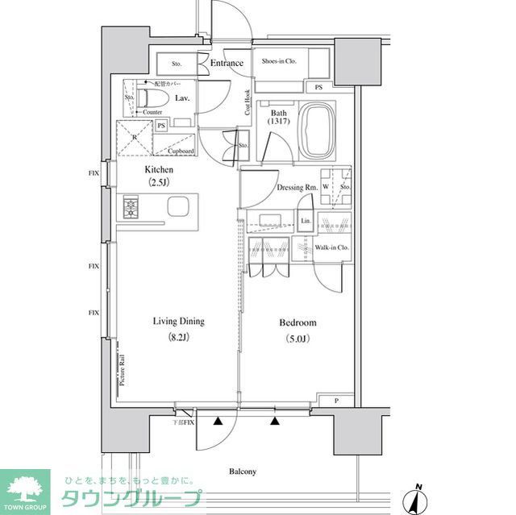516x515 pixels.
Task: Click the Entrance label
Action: (x=227, y=63)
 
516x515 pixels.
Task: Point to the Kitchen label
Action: (x=159, y=170)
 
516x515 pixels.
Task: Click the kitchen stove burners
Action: (x=131, y=208)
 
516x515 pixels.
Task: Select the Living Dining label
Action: (x=179, y=322)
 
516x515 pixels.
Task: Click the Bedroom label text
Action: (x=298, y=322)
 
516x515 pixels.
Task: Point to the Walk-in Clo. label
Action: (x=331, y=248)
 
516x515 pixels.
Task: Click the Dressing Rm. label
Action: (x=296, y=188)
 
